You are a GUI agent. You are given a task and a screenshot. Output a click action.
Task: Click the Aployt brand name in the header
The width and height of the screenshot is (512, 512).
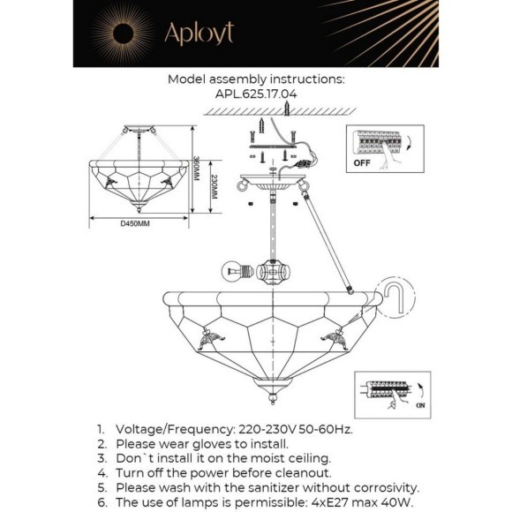click(200, 34)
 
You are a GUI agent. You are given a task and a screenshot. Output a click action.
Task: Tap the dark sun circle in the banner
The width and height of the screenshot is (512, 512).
click(123, 34)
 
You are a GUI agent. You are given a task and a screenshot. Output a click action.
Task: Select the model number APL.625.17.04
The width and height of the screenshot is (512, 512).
click(256, 94)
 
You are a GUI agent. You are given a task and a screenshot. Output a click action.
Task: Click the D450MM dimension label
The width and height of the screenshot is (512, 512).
click(135, 223)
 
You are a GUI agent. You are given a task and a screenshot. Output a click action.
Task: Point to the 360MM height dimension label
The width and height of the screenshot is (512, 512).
click(196, 169)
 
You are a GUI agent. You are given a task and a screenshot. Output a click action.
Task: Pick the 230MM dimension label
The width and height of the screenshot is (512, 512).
click(215, 187)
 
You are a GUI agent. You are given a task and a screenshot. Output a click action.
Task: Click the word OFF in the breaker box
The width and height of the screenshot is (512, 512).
click(362, 162)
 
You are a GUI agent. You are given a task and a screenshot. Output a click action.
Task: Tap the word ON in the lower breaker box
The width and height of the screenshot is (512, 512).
click(420, 405)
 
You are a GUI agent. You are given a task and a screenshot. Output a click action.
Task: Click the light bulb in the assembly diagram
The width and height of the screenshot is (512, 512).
click(237, 271)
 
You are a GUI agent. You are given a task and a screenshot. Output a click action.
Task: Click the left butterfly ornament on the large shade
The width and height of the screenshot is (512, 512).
click(211, 338)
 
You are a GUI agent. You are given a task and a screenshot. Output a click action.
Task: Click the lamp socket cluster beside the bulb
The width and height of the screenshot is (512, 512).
click(273, 272)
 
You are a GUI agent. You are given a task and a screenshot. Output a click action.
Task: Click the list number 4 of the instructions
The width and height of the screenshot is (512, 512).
click(102, 473)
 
